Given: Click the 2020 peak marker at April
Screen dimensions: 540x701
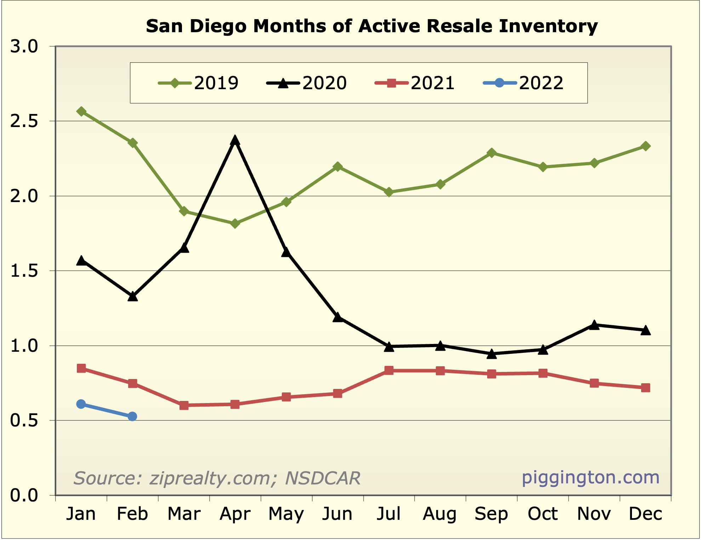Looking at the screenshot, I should pyautogui.click(x=235, y=140).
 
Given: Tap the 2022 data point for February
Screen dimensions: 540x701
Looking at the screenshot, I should pyautogui.click(x=132, y=417).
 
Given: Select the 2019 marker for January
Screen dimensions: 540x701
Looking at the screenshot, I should pyautogui.click(x=81, y=111).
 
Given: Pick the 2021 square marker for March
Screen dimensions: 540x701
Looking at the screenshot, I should pyautogui.click(x=184, y=405).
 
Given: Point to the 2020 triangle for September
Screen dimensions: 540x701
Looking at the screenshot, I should pyautogui.click(x=491, y=354).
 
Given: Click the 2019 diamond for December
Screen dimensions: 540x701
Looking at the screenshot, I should pyautogui.click(x=645, y=146).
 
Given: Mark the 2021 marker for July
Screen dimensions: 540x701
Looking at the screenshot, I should pyautogui.click(x=389, y=370).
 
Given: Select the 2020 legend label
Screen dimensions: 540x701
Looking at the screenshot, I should pyautogui.click(x=324, y=83).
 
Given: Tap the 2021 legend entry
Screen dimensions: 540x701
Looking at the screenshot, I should pyautogui.click(x=433, y=83).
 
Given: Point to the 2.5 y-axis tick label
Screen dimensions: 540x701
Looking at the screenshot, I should pyautogui.click(x=24, y=121).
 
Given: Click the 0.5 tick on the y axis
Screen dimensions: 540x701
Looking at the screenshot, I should pyautogui.click(x=24, y=421).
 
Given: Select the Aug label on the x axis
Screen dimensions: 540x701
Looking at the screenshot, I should pyautogui.click(x=440, y=514).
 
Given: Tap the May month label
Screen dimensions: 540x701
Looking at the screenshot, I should pyautogui.click(x=286, y=514).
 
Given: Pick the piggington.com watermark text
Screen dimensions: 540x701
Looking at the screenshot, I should pyautogui.click(x=591, y=477).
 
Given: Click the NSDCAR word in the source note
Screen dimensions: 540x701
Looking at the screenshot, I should pyautogui.click(x=323, y=478).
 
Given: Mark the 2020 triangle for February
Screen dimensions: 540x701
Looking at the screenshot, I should pyautogui.click(x=132, y=297).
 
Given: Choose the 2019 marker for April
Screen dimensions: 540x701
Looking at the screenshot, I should pyautogui.click(x=235, y=224).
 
